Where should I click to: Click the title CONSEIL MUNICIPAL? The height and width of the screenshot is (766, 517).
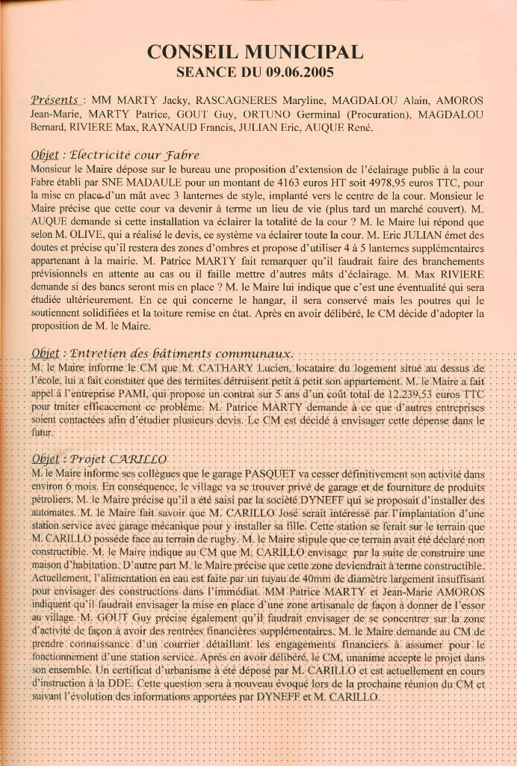point(256,52)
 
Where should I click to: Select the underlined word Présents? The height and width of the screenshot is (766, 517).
point(55,99)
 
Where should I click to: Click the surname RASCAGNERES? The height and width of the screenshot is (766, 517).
point(238,100)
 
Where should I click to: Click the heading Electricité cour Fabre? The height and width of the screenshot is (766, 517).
point(134,156)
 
